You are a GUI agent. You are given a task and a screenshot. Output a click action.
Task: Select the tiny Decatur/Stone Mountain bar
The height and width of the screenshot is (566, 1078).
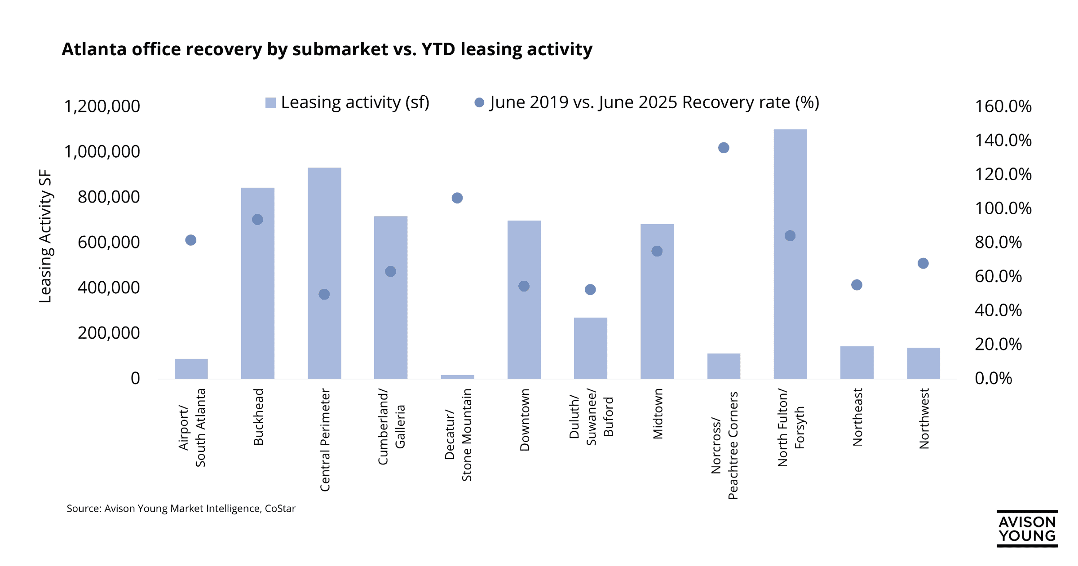tap(457, 377)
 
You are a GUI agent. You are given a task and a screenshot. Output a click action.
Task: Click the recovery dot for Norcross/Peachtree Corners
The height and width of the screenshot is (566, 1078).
tap(724, 148)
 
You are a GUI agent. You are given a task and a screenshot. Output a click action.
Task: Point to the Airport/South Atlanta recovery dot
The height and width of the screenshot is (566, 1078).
tap(190, 240)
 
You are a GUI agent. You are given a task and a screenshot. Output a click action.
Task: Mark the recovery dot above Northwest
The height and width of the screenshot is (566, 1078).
tap(923, 263)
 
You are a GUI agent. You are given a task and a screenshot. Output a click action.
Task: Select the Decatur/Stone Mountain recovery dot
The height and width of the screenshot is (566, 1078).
tap(457, 198)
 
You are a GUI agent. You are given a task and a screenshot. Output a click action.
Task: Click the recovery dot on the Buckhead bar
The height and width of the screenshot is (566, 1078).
tap(257, 220)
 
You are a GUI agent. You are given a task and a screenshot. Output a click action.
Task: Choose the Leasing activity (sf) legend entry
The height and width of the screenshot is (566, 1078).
tap(348, 103)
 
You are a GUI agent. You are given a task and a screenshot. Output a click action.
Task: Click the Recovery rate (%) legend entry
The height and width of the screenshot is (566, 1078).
tap(647, 103)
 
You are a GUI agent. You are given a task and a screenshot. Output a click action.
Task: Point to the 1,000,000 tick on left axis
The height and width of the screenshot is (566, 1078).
tap(102, 152)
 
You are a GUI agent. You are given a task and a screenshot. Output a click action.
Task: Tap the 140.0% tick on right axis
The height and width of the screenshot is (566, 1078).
tap(1003, 141)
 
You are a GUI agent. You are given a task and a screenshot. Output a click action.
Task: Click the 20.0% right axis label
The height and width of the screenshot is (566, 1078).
tap(998, 345)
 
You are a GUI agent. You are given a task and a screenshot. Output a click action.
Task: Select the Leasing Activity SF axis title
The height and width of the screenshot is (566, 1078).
tap(45, 236)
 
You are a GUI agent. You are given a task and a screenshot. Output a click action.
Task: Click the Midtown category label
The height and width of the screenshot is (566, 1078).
tap(658, 414)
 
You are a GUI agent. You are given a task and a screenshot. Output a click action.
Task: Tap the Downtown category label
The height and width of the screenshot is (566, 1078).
tap(525, 420)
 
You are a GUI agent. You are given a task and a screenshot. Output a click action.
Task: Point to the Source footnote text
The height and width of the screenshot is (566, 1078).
tap(181, 509)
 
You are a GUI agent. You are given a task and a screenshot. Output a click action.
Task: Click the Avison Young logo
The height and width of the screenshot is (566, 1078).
tap(1027, 529)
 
